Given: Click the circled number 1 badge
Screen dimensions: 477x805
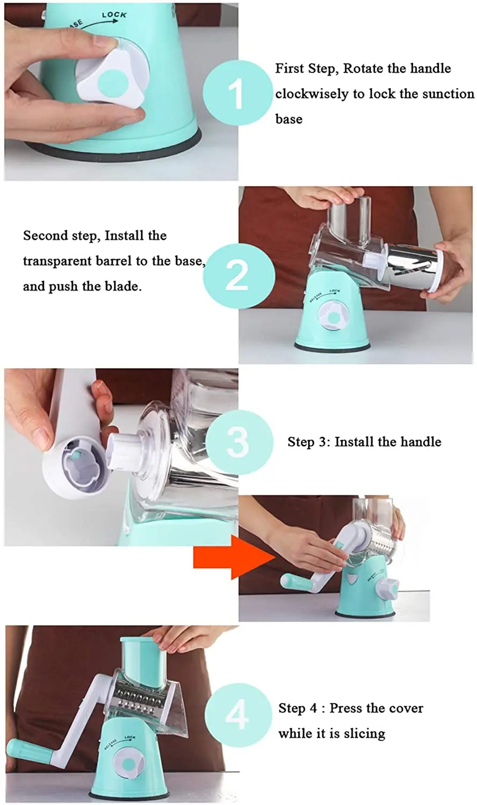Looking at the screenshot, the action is click(237, 92).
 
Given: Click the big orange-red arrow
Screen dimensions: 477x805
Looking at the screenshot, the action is click(234, 557).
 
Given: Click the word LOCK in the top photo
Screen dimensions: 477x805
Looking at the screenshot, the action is click(114, 14).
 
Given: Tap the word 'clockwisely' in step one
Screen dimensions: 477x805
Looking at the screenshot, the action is click(312, 94).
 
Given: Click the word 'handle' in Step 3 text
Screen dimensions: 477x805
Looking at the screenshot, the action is click(421, 441).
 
